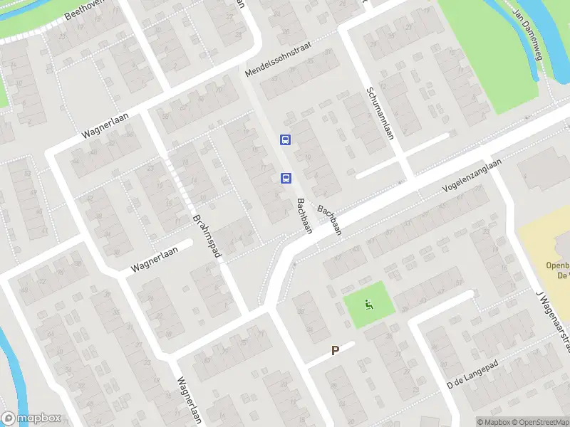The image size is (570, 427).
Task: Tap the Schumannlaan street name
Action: point(380,113)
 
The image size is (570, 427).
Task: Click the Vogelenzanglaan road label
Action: point(471,176)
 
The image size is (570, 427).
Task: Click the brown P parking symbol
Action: point(335,351)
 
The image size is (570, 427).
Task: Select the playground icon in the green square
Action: point(368,305)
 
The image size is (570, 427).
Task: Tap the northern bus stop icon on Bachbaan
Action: point(285,139)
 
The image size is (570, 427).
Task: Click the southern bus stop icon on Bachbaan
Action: point(285,178)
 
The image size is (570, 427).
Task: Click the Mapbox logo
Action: point(31,418)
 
